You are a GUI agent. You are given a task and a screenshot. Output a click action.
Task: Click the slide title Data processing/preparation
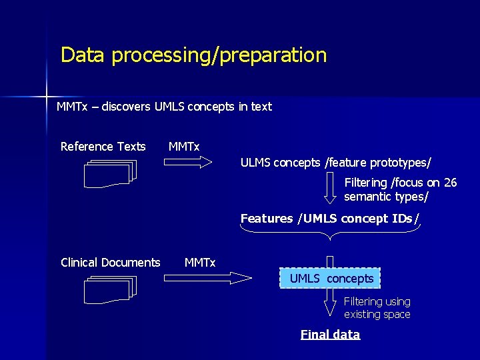coord(193,55)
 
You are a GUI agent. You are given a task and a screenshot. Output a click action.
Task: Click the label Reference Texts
coord(103,147)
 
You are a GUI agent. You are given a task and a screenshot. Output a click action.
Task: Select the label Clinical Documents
coord(110,263)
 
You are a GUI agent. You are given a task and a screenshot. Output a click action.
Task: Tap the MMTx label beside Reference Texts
coord(184,147)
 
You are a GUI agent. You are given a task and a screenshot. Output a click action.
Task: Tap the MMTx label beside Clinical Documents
coord(200,263)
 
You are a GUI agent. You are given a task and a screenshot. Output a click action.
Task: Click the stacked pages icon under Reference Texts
coord(111,173)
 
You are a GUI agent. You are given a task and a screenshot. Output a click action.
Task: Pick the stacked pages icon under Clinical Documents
coord(111,289)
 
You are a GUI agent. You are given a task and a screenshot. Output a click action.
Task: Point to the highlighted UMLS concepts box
coord(331,278)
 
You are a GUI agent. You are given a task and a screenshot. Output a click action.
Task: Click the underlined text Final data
coord(330,335)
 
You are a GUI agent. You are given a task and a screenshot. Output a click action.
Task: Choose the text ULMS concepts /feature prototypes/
coord(335,163)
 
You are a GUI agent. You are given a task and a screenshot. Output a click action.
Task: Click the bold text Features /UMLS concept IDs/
coord(330,219)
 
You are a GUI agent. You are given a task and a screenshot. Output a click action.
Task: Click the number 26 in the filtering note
coord(450,183)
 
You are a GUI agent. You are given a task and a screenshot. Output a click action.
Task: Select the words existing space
coord(377,315)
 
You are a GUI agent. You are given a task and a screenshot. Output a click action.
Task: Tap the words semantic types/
coord(386,197)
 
